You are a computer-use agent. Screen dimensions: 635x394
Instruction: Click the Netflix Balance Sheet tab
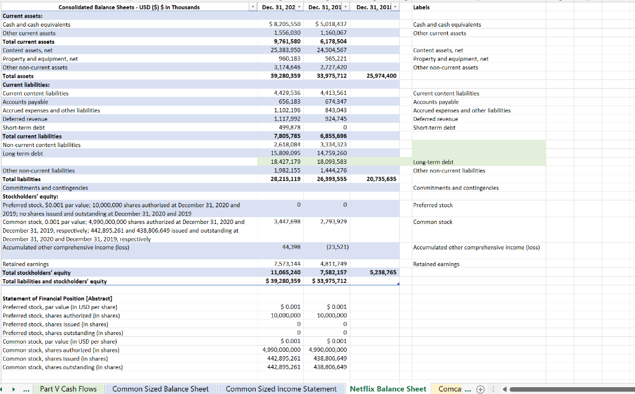pyautogui.click(x=388, y=389)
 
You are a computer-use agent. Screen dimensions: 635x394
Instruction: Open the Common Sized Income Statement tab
pyautogui.click(x=281, y=389)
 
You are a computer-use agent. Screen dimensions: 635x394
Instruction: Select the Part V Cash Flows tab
pyautogui.click(x=68, y=389)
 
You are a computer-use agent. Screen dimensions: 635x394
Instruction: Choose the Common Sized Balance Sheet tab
pyautogui.click(x=160, y=389)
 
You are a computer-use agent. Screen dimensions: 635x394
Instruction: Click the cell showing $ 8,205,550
pyautogui.click(x=285, y=24)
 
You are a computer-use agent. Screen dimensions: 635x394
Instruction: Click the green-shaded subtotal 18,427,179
pyautogui.click(x=286, y=162)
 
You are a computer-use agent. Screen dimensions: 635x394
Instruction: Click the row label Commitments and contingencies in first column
pyautogui.click(x=45, y=187)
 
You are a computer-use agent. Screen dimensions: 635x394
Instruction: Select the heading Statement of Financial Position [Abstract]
pyautogui.click(x=57, y=298)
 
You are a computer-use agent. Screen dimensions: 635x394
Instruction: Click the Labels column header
pyautogui.click(x=421, y=7)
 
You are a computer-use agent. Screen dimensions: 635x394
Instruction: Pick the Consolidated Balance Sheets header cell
pyautogui.click(x=129, y=7)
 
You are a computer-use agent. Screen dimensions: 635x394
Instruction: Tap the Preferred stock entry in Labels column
pyautogui.click(x=432, y=205)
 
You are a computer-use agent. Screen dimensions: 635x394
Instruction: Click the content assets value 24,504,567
pyautogui.click(x=331, y=50)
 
